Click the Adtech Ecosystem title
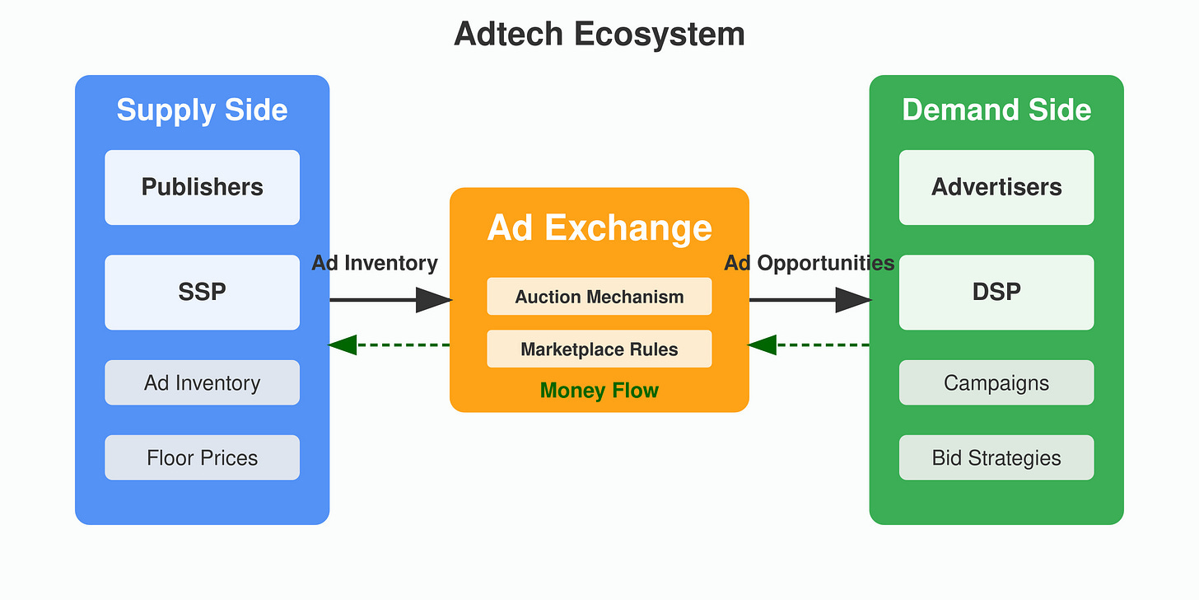coord(599,35)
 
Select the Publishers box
coord(202,187)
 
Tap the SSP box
coord(202,292)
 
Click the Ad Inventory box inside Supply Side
coord(202,382)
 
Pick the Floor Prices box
coord(202,457)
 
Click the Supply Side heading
coord(202,110)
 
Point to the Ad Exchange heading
coord(599,227)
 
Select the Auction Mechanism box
coord(599,297)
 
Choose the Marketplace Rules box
coord(599,349)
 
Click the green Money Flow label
coord(599,391)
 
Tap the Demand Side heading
coord(996,110)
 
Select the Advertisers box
coord(996,187)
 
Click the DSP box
coord(996,292)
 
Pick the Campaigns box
coord(996,382)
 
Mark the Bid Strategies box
coord(996,457)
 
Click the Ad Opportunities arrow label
coord(809,263)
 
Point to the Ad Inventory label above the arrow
coord(375,263)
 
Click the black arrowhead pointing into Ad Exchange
coord(433,300)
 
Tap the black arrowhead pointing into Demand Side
coord(852,300)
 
